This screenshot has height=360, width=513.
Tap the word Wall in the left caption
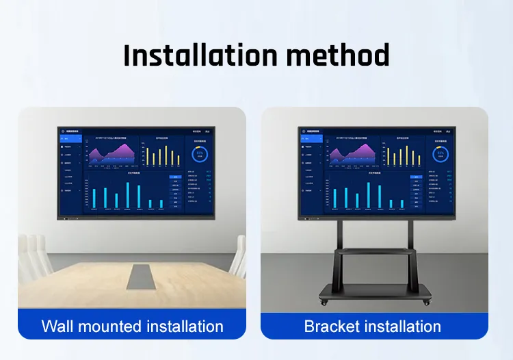57,326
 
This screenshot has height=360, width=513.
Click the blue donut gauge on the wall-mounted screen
200,154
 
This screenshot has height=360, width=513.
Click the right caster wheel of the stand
428,302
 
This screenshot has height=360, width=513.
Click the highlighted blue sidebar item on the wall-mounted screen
71,138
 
